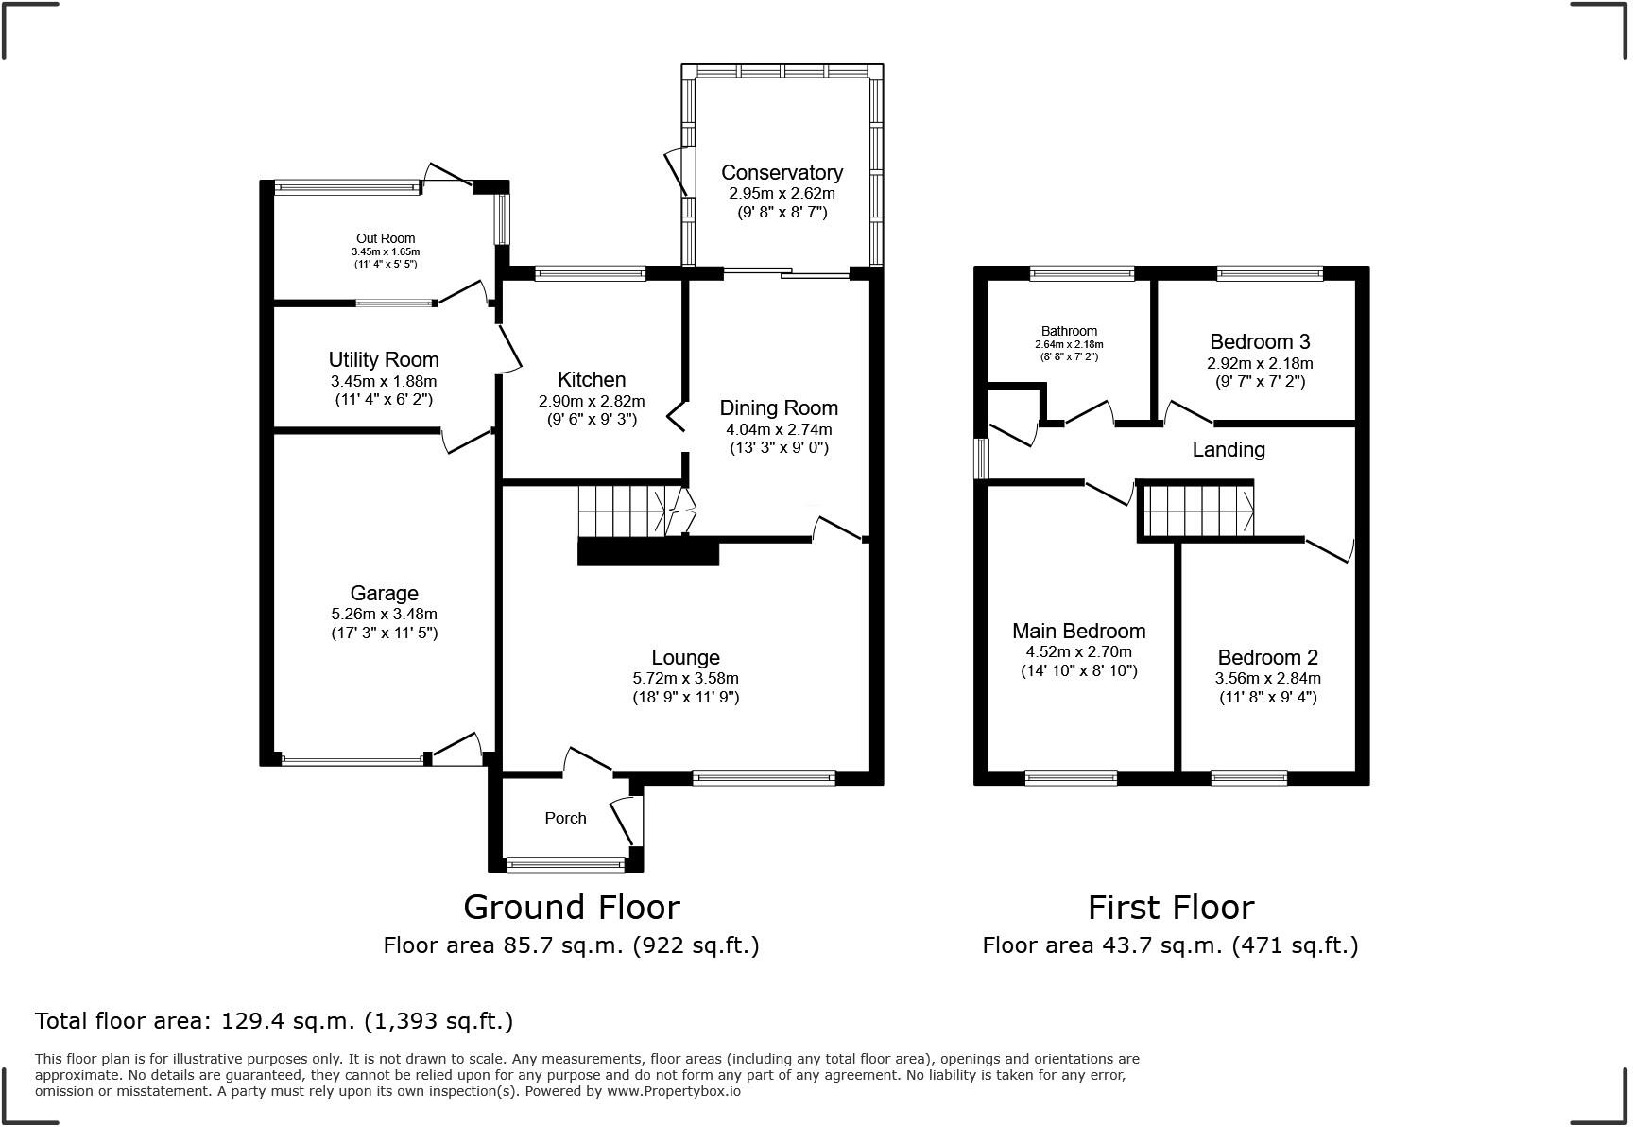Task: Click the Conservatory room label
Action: [x=782, y=172]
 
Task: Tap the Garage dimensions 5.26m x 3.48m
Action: [x=384, y=614]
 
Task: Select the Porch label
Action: [x=565, y=818]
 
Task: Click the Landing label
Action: [x=1228, y=449]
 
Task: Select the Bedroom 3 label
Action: [x=1260, y=341]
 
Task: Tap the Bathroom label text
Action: [x=1069, y=331]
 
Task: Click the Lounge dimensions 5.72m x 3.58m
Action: [x=685, y=678]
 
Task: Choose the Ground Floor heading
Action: [x=571, y=907]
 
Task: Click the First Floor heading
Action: [x=1170, y=907]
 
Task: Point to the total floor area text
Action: [x=274, y=1020]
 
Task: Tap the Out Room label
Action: [x=386, y=238]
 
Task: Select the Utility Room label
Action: [x=384, y=359]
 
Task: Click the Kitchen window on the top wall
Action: [x=590, y=274]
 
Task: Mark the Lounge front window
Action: [x=764, y=778]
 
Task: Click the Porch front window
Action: [x=565, y=863]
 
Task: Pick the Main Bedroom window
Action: [x=1071, y=778]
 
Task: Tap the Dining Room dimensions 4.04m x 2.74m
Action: [x=779, y=428]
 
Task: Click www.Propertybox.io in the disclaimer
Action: [x=673, y=1091]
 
